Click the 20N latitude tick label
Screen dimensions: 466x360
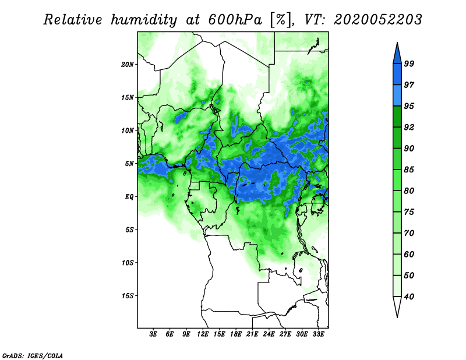(x=128, y=65)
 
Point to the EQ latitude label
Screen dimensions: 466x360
(x=129, y=197)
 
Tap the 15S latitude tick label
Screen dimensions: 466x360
(x=128, y=296)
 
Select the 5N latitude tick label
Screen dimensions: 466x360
(x=129, y=164)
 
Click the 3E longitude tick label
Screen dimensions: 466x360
(x=153, y=334)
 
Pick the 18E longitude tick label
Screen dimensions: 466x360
(x=236, y=334)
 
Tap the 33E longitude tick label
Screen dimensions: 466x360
(x=318, y=334)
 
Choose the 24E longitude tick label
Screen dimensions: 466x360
(x=269, y=334)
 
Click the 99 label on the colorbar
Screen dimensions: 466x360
(x=409, y=63)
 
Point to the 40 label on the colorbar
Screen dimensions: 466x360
(x=409, y=297)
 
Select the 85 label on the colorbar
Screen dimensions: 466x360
(x=409, y=170)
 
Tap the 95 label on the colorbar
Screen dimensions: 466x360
(x=409, y=106)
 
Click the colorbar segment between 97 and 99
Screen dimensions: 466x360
(x=397, y=75)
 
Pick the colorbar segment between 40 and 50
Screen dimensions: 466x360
(x=397, y=286)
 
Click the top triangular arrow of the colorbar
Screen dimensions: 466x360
(x=397, y=54)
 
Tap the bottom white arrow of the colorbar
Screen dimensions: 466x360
(x=397, y=307)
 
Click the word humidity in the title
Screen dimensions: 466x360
(x=144, y=20)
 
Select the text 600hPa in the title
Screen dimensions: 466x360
(x=235, y=20)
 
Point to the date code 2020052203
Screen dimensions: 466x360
(x=377, y=20)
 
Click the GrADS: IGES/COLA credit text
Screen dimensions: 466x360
(x=33, y=355)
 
